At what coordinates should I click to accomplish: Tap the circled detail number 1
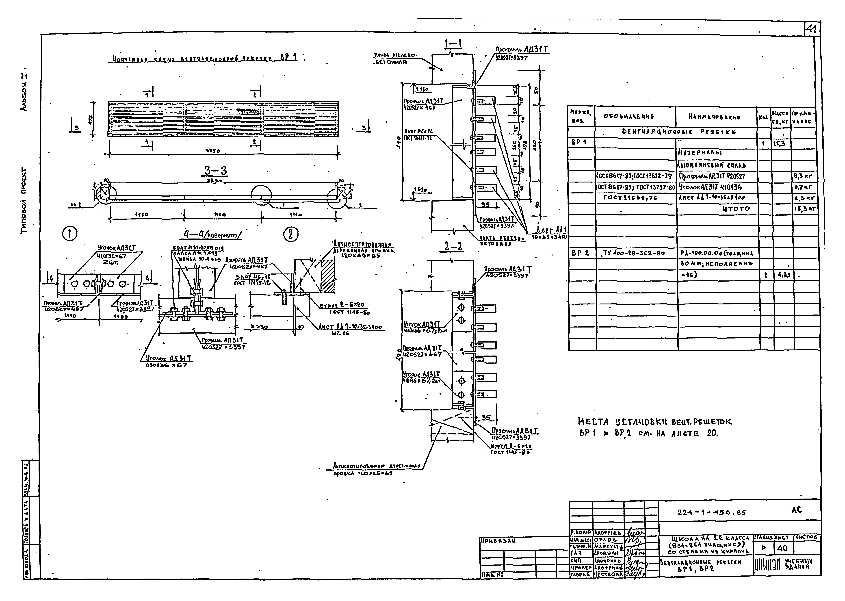coord(70,234)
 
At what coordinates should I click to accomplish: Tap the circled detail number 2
coord(291,234)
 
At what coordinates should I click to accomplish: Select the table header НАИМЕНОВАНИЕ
coord(714,117)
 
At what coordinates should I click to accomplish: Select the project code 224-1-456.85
coord(711,513)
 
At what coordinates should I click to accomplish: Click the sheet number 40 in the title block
coord(782,548)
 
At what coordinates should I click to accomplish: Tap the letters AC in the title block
coord(797,510)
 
